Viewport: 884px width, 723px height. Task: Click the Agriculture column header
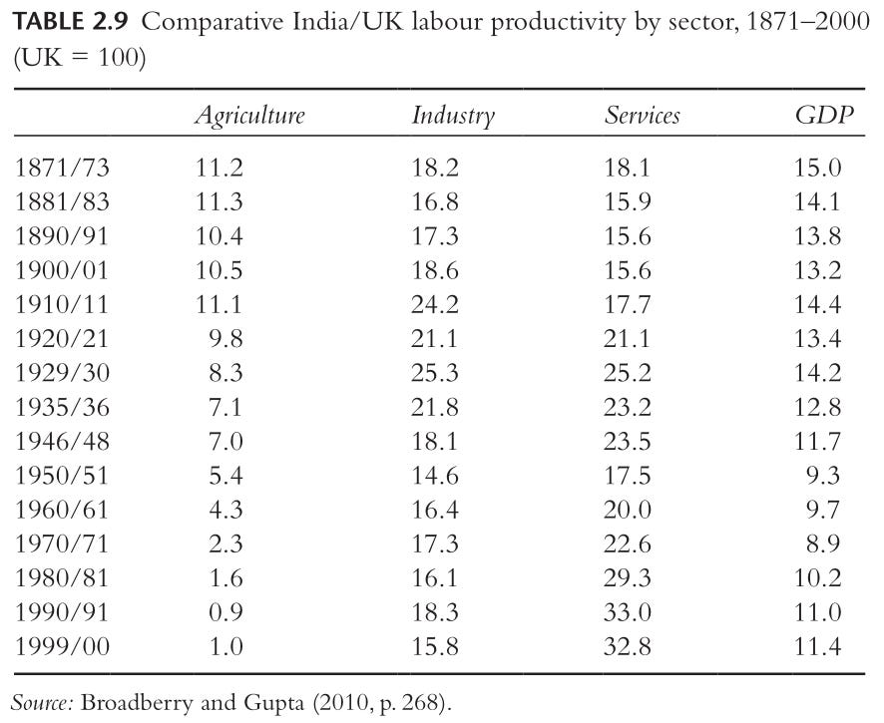249,116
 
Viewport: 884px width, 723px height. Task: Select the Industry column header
453,116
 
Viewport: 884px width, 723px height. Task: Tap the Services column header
643,115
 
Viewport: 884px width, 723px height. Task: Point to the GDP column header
824,115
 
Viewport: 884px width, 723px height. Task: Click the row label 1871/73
62,168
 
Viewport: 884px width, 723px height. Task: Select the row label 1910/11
62,304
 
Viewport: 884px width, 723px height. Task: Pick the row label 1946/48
62,441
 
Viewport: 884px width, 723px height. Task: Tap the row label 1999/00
62,646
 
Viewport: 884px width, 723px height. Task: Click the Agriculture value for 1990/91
225,612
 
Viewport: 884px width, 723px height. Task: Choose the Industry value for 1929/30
435,373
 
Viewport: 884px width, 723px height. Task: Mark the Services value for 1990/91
627,612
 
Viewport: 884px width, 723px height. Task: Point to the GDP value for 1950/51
823,476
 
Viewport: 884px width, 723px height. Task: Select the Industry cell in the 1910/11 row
435,305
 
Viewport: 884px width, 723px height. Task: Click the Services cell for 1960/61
627,510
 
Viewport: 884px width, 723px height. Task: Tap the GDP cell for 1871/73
817,168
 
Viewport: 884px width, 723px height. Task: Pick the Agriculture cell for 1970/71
225,543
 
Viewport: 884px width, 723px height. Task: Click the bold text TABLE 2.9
71,22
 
